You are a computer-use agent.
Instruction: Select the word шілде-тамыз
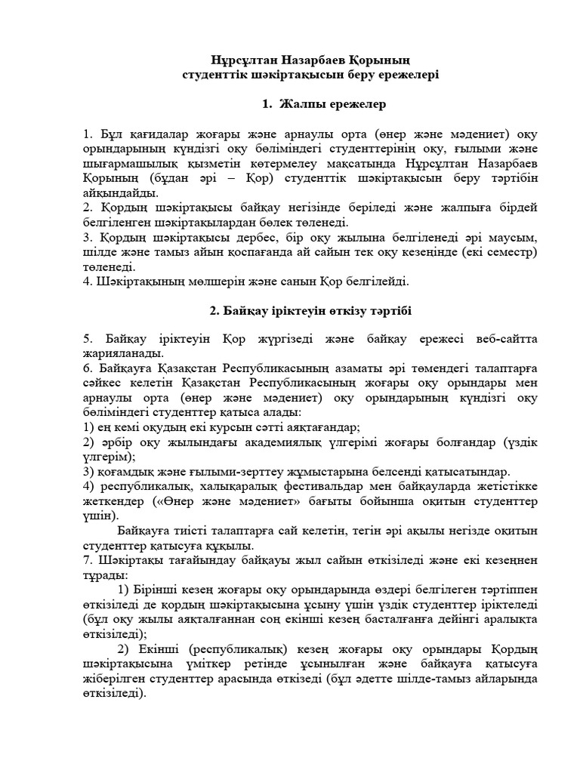pos(448,679)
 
